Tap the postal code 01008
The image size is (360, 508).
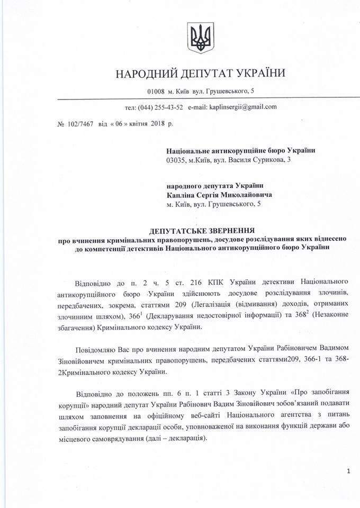[x=158, y=92]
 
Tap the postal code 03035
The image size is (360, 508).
[x=175, y=160]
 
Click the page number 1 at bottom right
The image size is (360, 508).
[x=348, y=471]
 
